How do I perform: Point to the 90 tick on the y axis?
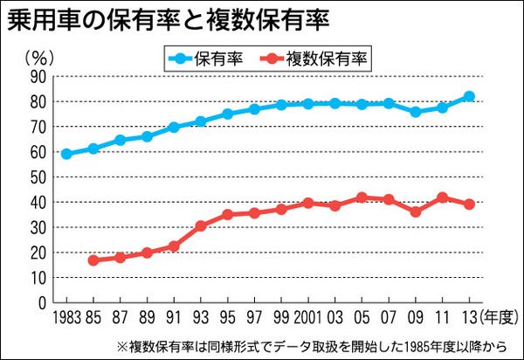[x=38, y=77]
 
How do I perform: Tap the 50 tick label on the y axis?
[x=38, y=177]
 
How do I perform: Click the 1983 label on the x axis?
[x=66, y=316]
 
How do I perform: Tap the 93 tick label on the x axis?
[x=200, y=316]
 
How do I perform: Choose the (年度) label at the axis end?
[x=496, y=316]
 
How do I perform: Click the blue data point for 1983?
[x=66, y=154]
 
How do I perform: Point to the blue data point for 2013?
[x=469, y=97]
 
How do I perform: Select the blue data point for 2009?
[x=416, y=112]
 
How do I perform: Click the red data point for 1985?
[x=93, y=260]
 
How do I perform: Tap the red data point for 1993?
[x=200, y=225]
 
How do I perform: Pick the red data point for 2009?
[x=416, y=211]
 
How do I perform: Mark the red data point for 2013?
[x=469, y=204]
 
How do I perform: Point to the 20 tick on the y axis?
[x=38, y=253]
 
